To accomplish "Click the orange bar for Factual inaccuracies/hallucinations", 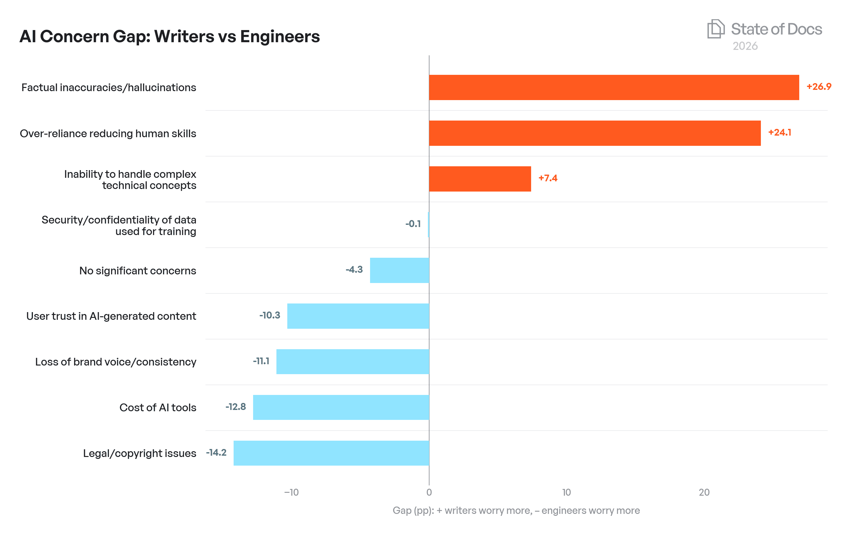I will pos(614,87).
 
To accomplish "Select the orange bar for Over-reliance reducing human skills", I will pos(595,133).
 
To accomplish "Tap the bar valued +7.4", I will pos(480,179).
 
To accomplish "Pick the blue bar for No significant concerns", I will pos(399,270).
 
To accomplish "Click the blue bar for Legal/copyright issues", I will pos(331,453).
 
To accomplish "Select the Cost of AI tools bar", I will pos(341,407).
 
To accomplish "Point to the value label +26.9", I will pos(818,87).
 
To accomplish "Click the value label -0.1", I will pos(413,224).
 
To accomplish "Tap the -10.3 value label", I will pos(270,315).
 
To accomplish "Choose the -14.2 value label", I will pos(216,452).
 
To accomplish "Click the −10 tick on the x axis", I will pos(291,492).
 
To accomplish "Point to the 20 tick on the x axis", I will pos(704,492).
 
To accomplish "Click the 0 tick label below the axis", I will pos(429,492).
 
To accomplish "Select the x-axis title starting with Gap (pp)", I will pos(516,510).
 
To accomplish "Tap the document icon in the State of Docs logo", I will pos(716,29).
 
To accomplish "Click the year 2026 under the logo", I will pos(745,46).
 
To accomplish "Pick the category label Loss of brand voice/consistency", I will pos(116,362).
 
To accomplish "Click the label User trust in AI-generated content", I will pos(111,316).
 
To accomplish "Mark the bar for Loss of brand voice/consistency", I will pos(352,361).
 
